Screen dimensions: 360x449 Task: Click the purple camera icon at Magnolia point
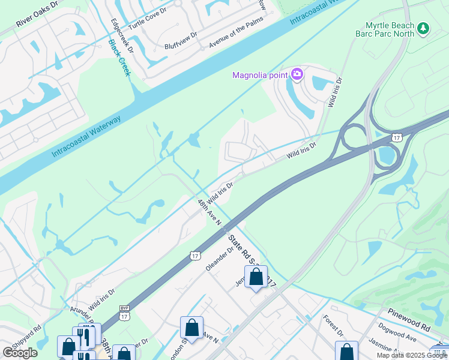coord(297,75)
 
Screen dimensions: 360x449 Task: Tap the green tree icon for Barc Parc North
coord(423,28)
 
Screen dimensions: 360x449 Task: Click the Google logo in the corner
coord(20,352)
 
